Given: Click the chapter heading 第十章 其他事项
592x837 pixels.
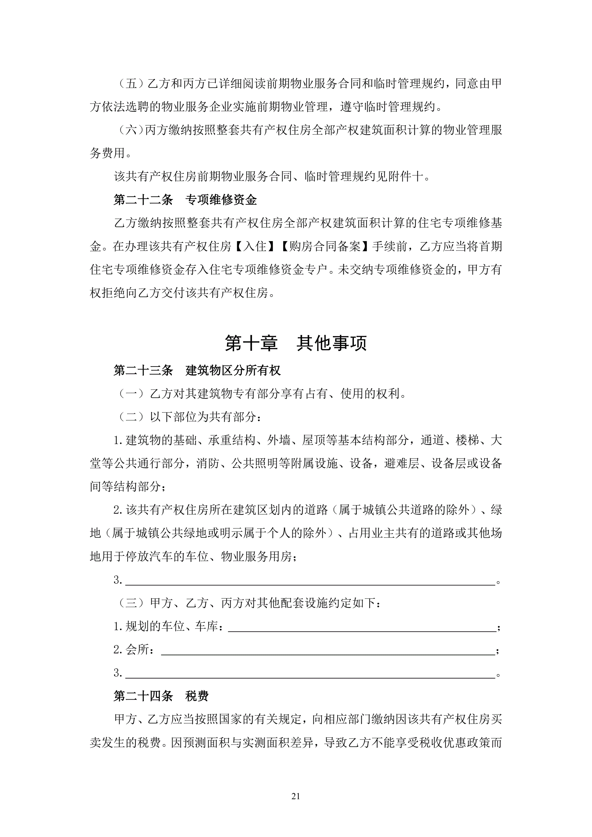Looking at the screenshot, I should click(x=296, y=343).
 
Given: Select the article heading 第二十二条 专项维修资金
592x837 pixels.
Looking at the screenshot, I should click(x=185, y=200).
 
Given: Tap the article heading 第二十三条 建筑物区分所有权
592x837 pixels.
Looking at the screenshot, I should click(x=197, y=370).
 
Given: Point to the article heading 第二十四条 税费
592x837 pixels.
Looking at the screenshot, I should click(x=161, y=696).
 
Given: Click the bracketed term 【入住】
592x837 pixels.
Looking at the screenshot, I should click(x=255, y=246).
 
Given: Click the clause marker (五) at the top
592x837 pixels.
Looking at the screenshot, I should click(x=131, y=84).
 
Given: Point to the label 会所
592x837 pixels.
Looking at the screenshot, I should click(x=137, y=649).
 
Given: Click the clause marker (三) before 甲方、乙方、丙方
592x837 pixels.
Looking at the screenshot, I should click(x=131, y=603).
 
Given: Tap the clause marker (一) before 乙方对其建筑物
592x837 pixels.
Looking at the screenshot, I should click(x=131, y=394).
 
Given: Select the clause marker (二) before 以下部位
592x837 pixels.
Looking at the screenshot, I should click(x=131, y=417).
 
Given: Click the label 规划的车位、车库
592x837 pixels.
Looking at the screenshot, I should click(x=172, y=626).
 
